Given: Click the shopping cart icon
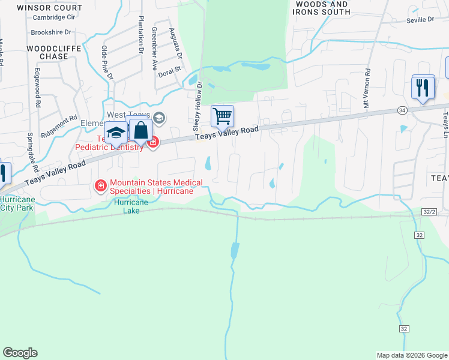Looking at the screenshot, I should click(x=222, y=116).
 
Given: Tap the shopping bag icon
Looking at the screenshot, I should click(x=140, y=130).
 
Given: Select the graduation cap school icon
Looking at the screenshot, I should click(x=116, y=132).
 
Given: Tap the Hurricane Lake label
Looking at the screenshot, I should click(x=127, y=206).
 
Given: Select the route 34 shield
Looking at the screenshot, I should click(x=402, y=110).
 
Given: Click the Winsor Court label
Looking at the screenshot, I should click(x=49, y=8).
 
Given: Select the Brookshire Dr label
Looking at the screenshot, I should click(x=51, y=31).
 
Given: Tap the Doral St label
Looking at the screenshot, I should click(x=170, y=75).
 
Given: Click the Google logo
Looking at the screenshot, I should click(x=20, y=352).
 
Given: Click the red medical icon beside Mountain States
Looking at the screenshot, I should click(x=100, y=187).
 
